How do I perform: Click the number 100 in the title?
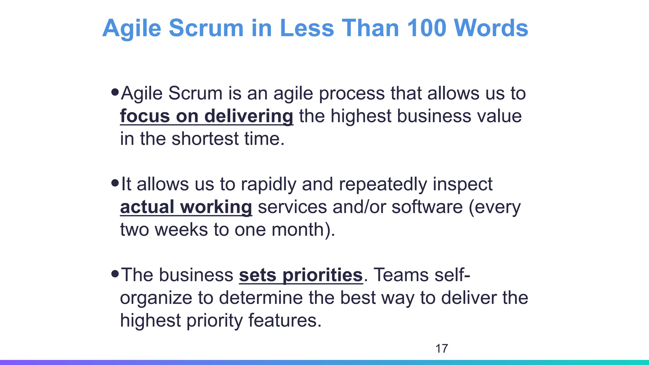click(426, 28)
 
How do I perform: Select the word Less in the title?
click(307, 28)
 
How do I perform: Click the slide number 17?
click(441, 349)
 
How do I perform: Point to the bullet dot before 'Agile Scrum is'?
click(115, 92)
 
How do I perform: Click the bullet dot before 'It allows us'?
click(115, 183)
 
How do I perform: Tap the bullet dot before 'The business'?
click(115, 273)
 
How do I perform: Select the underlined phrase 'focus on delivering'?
click(207, 116)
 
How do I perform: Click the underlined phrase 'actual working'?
click(186, 207)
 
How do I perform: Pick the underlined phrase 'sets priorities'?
click(301, 275)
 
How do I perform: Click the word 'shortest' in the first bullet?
click(205, 139)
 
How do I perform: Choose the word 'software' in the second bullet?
click(427, 207)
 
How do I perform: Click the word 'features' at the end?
click(282, 320)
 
